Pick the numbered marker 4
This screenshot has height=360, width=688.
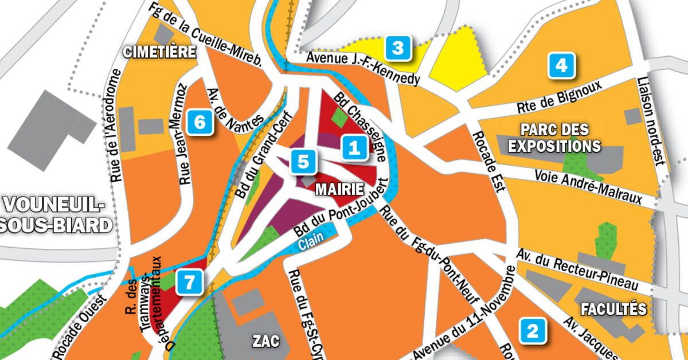click(x=561, y=65)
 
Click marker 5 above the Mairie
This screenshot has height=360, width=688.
click(x=302, y=162)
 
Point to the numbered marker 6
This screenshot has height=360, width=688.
click(x=200, y=122)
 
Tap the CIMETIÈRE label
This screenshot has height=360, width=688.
click(x=160, y=52)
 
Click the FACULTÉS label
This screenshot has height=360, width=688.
click(x=613, y=310)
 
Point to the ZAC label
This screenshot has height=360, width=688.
click(x=266, y=342)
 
